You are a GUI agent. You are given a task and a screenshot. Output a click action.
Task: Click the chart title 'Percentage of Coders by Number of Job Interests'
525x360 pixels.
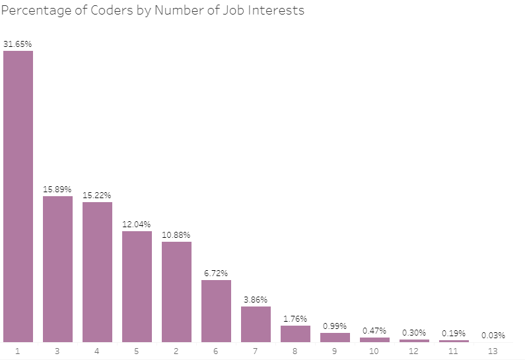tap(153, 11)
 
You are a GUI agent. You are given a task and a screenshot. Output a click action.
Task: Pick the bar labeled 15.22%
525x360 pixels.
tap(97, 271)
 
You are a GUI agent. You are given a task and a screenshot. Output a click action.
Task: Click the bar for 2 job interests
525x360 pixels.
tap(176, 291)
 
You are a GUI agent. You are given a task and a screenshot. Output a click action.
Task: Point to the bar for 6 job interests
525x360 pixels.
tap(216, 310)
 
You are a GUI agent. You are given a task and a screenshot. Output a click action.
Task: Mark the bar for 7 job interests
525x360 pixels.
tap(256, 324)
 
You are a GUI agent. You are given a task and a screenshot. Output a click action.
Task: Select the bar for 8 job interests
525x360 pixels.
tap(295, 334)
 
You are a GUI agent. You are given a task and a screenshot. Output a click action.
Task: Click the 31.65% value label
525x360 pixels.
tap(18, 44)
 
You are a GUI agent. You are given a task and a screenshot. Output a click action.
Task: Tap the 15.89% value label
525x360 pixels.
tap(57, 190)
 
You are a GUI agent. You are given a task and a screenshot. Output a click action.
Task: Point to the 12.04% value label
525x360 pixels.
tap(137, 225)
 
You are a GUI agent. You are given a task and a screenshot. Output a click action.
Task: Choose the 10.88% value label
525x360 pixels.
tap(176, 235)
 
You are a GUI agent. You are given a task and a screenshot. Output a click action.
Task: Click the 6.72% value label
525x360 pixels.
tap(216, 273)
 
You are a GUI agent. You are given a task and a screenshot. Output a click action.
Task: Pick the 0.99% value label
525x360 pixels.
tap(335, 326)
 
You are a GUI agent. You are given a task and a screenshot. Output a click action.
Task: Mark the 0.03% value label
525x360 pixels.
tap(493, 335)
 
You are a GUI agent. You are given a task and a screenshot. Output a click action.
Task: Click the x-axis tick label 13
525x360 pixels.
tap(493, 351)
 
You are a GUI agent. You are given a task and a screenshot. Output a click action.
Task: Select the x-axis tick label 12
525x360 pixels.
tap(414, 351)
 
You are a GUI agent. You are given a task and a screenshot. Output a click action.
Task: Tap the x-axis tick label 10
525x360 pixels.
tap(374, 351)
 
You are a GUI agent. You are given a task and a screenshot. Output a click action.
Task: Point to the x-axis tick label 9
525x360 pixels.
tap(335, 351)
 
